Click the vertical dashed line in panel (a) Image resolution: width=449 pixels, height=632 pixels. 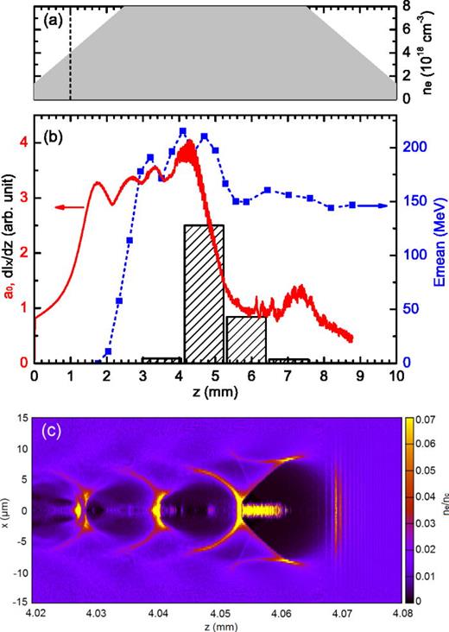point(70,52)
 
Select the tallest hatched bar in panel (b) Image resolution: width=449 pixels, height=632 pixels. point(204,294)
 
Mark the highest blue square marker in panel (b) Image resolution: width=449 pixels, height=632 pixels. point(183,131)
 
